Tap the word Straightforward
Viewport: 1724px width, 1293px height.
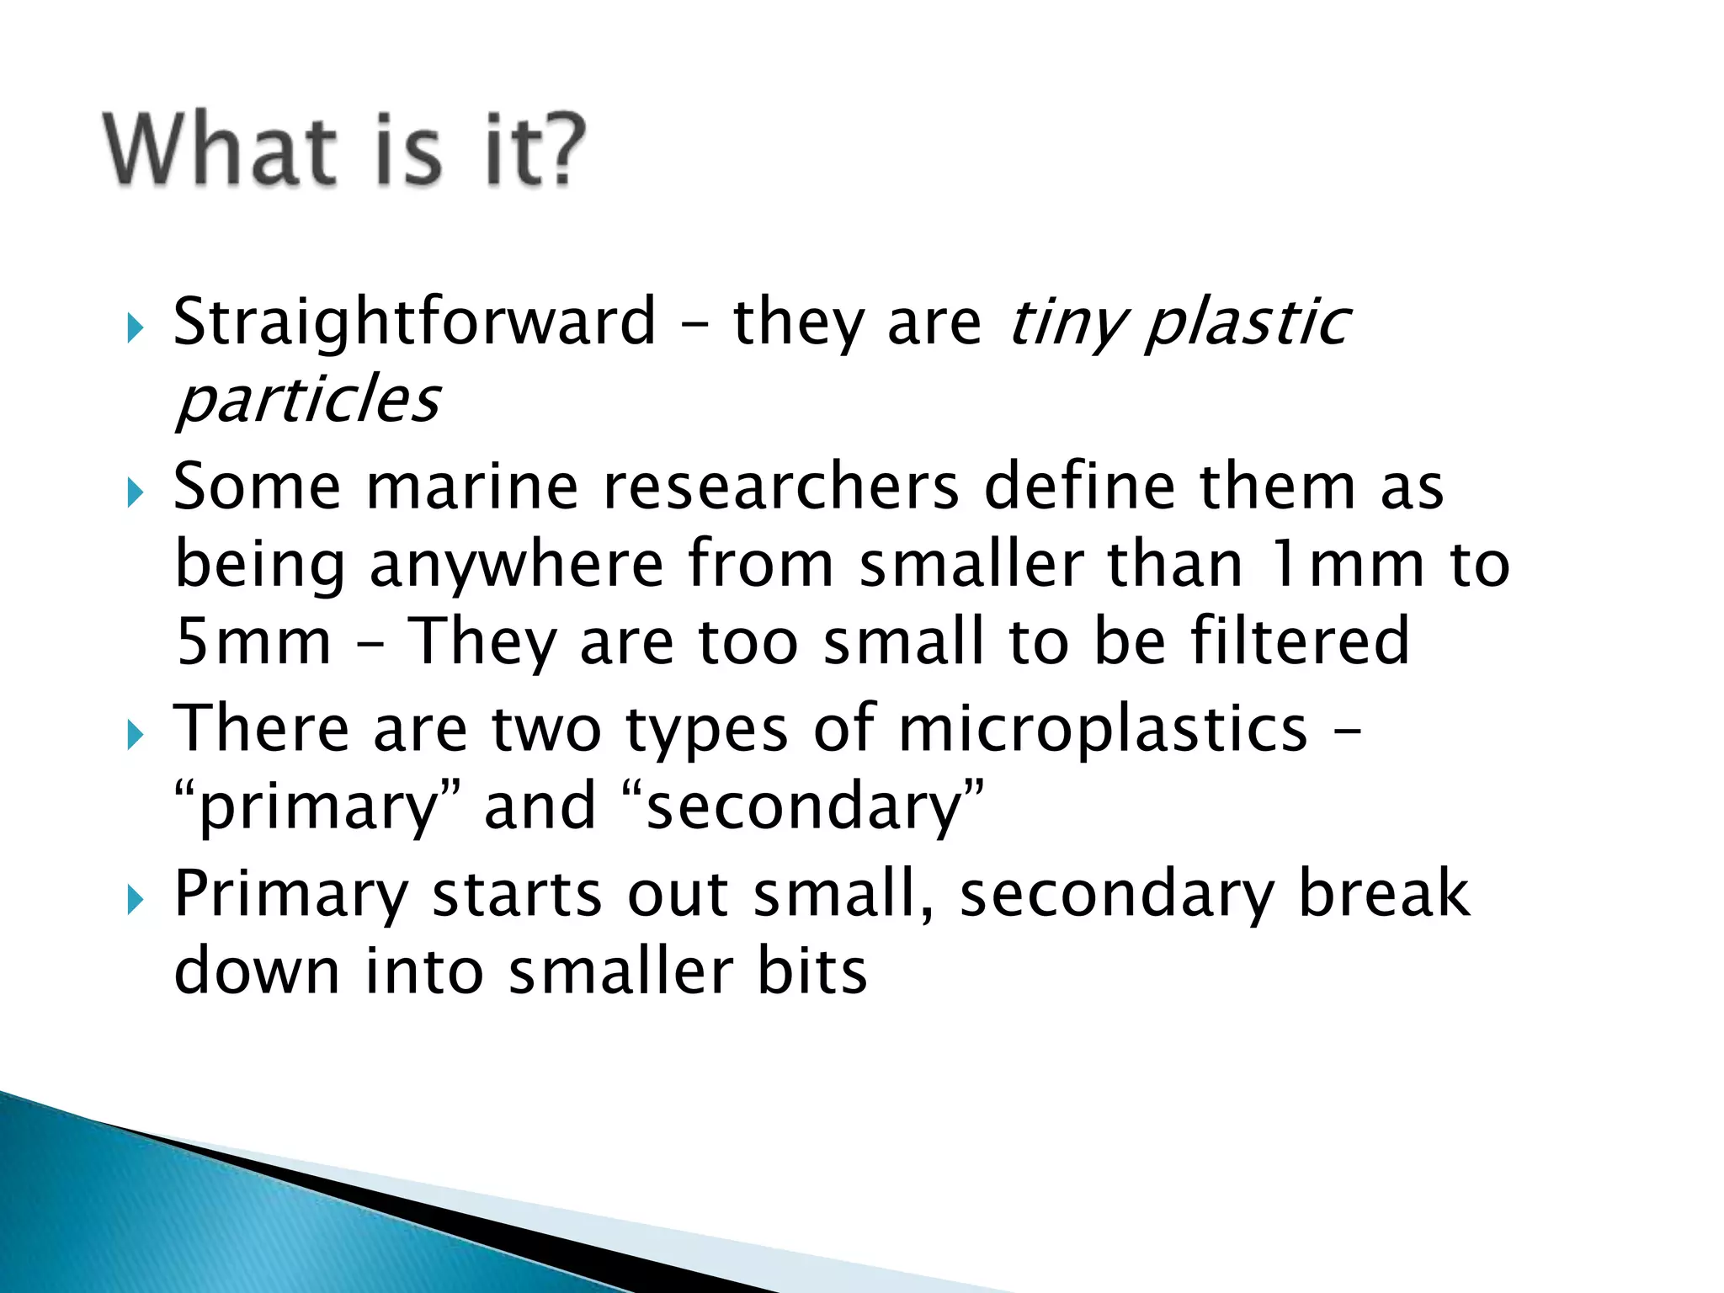click(x=414, y=322)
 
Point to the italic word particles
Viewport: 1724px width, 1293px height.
click(x=308, y=400)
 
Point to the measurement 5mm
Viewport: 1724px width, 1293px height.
click(x=253, y=642)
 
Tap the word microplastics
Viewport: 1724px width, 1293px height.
click(x=1103, y=729)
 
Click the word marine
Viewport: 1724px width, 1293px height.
click(x=472, y=487)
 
